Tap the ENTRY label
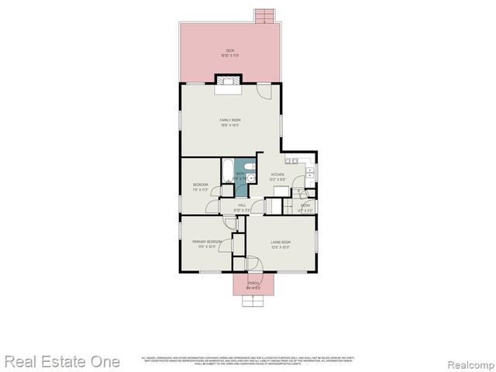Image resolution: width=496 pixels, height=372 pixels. tap(305, 205)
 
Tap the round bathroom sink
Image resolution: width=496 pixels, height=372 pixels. tap(252, 178)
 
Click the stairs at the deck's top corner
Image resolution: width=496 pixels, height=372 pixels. tap(265, 15)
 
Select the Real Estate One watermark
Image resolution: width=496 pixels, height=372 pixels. tap(63, 361)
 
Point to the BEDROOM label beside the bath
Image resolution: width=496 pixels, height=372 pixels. tap(200, 184)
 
